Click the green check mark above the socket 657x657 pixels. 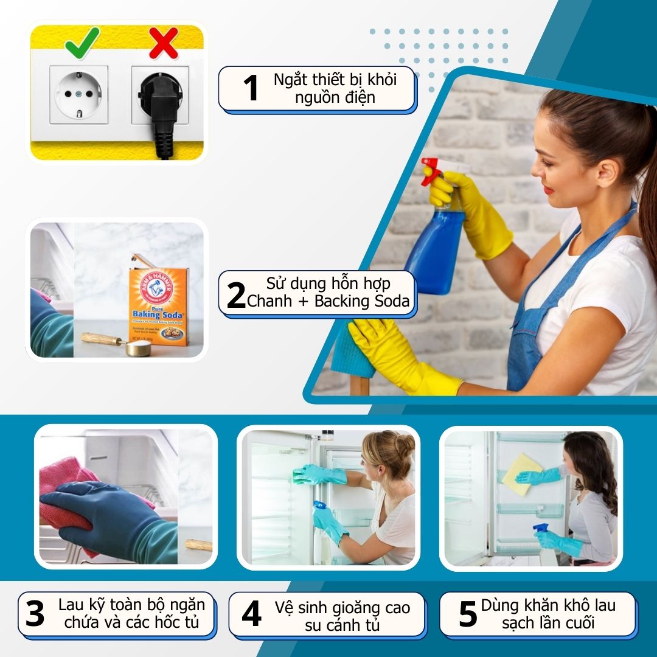point(82,43)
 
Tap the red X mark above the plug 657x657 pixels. point(164,43)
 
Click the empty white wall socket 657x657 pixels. point(78,95)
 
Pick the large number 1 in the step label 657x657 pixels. point(251,88)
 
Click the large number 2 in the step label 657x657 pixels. point(236,295)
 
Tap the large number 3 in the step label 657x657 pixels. point(35,614)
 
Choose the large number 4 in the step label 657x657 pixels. point(251,614)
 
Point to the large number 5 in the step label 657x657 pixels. point(468,614)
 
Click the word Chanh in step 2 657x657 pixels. point(269,301)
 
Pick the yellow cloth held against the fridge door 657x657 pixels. point(523,474)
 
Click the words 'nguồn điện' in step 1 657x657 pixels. point(335,98)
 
